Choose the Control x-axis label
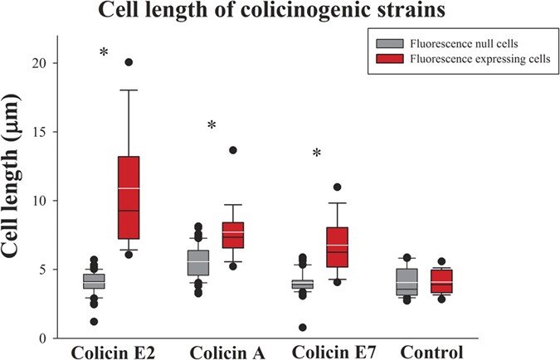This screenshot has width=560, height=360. [431, 352]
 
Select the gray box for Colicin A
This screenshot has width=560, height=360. [197, 262]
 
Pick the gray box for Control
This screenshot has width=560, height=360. [407, 282]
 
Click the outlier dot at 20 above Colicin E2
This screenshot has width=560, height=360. [128, 62]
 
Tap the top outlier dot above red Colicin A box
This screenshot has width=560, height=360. [233, 150]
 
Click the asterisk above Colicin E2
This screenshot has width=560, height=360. [104, 53]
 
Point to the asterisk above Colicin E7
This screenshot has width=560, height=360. [317, 153]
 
